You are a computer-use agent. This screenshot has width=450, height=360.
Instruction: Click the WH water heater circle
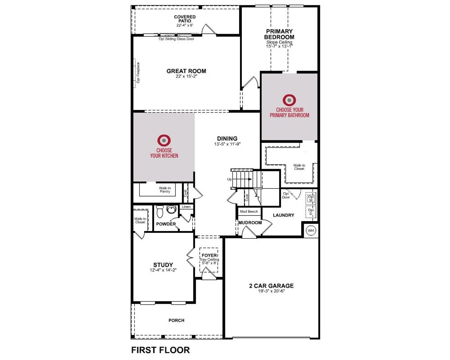point(311,231)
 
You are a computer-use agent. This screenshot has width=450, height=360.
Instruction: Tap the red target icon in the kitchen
point(164,140)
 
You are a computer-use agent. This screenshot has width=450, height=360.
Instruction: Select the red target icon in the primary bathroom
point(289,100)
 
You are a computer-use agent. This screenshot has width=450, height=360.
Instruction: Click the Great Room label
point(186,71)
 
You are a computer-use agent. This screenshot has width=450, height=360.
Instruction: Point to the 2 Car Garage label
point(271,286)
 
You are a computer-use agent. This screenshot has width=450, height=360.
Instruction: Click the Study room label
point(163,265)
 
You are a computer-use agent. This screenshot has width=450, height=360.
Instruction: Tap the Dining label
point(227,139)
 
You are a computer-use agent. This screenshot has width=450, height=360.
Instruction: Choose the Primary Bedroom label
point(279,34)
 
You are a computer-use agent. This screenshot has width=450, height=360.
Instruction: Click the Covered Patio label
point(185,19)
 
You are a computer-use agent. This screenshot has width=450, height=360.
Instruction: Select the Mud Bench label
point(249,212)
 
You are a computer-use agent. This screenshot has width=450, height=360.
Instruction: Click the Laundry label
point(283,215)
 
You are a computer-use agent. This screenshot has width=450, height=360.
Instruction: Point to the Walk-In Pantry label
point(165,190)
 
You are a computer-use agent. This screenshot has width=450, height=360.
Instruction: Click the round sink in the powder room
point(171,210)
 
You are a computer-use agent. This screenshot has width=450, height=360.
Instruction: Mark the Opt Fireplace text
point(138,73)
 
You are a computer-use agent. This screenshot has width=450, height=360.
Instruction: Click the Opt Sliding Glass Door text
point(176,39)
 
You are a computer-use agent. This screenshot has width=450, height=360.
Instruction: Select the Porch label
point(176,320)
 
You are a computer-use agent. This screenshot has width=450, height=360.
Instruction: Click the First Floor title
point(160,350)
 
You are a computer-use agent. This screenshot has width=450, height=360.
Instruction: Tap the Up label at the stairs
point(229,179)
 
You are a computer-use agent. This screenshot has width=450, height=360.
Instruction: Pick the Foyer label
point(209,255)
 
